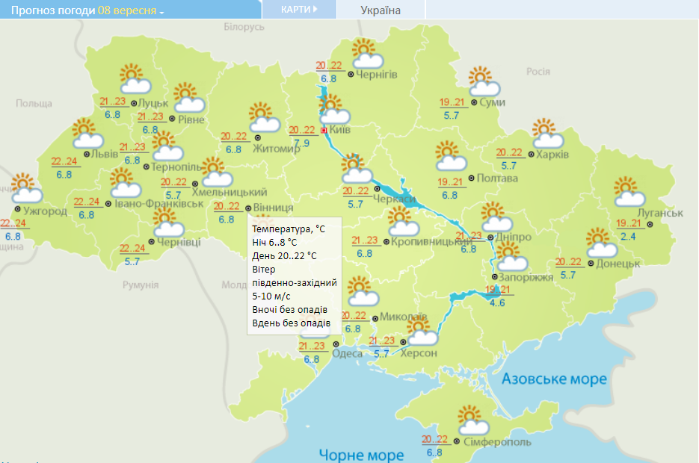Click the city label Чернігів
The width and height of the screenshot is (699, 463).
[377, 74]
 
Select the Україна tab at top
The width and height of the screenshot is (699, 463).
[381, 10]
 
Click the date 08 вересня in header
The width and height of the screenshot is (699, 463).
[127, 10]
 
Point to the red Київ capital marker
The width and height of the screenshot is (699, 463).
[324, 129]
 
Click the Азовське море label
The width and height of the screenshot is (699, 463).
[554, 379]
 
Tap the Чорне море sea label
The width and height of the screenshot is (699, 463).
[361, 454]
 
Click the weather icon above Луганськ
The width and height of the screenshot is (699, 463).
[629, 192]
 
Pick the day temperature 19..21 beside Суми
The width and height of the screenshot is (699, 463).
[452, 103]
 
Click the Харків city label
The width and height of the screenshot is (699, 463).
[553, 155]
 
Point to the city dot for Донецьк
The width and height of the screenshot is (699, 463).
[590, 263]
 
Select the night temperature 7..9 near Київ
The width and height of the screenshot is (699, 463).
[301, 143]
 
